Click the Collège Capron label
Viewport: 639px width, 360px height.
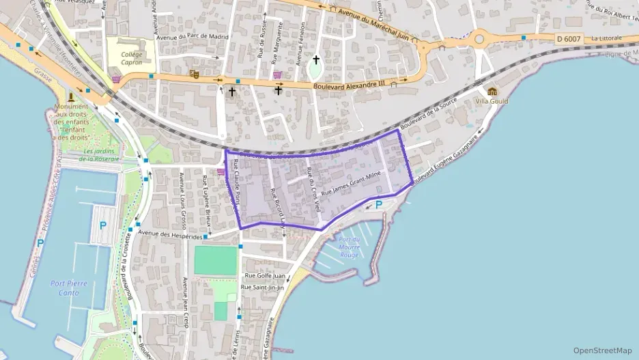click(x=131, y=58)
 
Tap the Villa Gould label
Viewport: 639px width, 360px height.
click(x=492, y=102)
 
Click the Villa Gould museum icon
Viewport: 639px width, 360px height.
click(x=492, y=92)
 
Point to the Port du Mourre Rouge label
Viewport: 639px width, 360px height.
click(x=348, y=247)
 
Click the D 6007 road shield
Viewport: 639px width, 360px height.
click(x=567, y=39)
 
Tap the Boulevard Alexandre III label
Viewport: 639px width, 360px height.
click(x=349, y=85)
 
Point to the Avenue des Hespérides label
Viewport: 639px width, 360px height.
click(x=169, y=234)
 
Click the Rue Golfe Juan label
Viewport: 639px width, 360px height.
click(x=264, y=275)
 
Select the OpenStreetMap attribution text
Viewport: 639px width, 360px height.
click(x=603, y=350)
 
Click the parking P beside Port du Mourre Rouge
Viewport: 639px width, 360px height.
click(x=378, y=204)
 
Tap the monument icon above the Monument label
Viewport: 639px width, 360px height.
click(x=71, y=96)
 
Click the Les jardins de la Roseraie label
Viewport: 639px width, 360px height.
click(x=101, y=154)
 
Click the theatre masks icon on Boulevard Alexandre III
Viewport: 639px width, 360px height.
click(x=195, y=74)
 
